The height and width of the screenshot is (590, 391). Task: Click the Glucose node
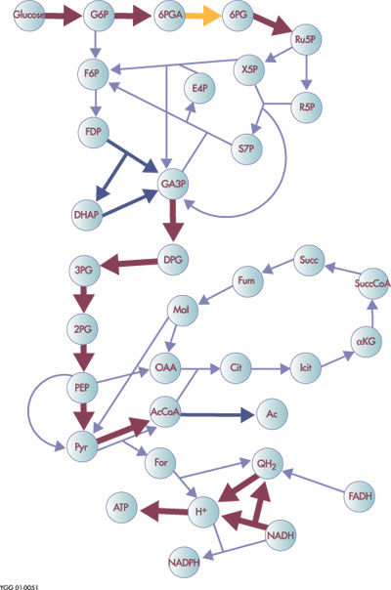click(29, 16)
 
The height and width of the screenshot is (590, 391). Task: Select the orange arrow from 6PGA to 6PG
click(202, 16)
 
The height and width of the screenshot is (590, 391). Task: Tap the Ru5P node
click(306, 40)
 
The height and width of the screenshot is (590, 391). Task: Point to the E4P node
click(199, 89)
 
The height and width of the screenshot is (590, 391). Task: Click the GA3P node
click(173, 185)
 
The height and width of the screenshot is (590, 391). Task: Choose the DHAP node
click(87, 215)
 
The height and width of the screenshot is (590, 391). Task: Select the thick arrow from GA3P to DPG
click(173, 221)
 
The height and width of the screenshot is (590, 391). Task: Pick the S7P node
click(246, 148)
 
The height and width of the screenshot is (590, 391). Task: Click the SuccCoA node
click(372, 283)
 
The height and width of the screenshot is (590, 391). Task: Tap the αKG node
click(367, 342)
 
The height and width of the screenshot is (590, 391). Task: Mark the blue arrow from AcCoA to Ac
click(217, 415)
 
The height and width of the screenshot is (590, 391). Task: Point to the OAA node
click(166, 367)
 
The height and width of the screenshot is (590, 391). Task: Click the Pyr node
click(82, 446)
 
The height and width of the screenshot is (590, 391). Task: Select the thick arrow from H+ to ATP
click(164, 511)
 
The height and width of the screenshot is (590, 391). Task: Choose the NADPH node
click(184, 563)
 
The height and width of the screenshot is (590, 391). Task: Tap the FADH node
click(360, 496)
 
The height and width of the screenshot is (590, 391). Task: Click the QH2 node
click(267, 464)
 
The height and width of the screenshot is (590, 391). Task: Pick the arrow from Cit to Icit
click(271, 369)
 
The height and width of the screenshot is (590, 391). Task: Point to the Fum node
click(246, 280)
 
